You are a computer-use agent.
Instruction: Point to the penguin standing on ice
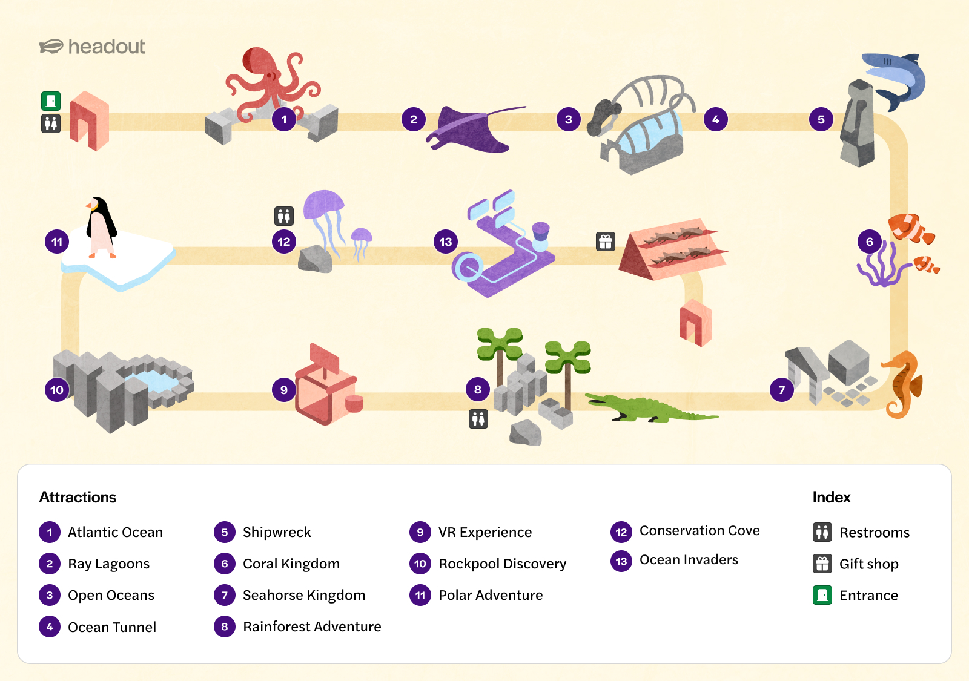[x=101, y=227]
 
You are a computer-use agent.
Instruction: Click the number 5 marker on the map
[x=821, y=120]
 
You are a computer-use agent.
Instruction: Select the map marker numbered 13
[x=446, y=242]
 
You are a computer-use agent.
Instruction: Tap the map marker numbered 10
[x=57, y=390]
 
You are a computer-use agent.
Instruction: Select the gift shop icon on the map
[x=606, y=242]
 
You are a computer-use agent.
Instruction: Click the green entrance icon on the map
[x=51, y=100]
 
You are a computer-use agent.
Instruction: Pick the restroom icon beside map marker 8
[x=478, y=418]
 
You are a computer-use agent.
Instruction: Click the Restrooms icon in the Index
[x=822, y=532]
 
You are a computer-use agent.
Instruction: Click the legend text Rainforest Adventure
[x=312, y=627]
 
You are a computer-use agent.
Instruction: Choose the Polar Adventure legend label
[x=491, y=595]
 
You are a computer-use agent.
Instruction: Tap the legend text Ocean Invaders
[x=689, y=560]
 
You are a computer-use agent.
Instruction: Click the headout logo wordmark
[x=106, y=47]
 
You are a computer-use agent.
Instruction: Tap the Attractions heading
[x=78, y=497]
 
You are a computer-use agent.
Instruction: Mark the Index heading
[x=831, y=497]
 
